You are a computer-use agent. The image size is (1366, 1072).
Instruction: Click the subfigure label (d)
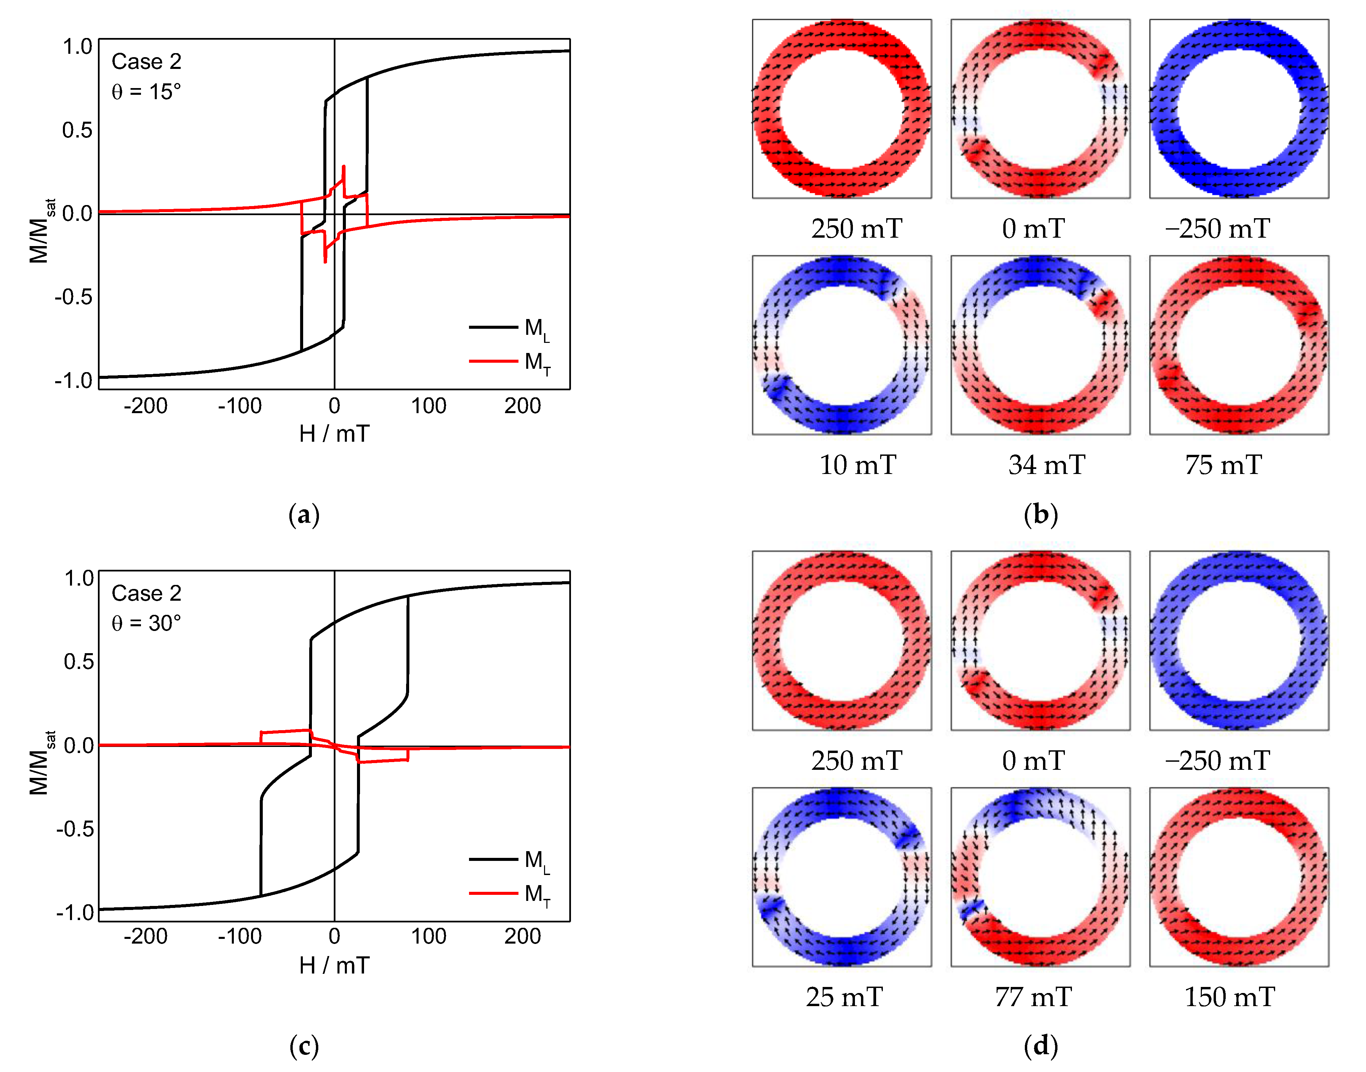pos(1041,1046)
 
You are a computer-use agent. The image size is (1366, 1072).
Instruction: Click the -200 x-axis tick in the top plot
pos(146,406)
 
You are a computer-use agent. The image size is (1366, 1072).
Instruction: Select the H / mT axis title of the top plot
pos(334,434)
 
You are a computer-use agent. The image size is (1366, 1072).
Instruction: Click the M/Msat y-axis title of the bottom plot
pos(41,763)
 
